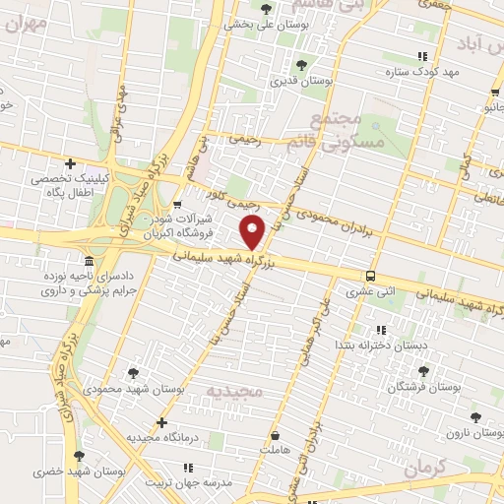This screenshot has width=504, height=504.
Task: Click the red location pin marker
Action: pos(254,233)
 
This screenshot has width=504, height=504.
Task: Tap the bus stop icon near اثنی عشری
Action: pos(370,276)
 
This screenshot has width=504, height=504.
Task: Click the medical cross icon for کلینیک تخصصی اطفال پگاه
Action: pos(70,163)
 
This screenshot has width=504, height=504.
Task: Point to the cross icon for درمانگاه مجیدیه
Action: pos(162,421)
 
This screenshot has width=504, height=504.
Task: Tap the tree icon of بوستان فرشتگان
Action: pos(424,372)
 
